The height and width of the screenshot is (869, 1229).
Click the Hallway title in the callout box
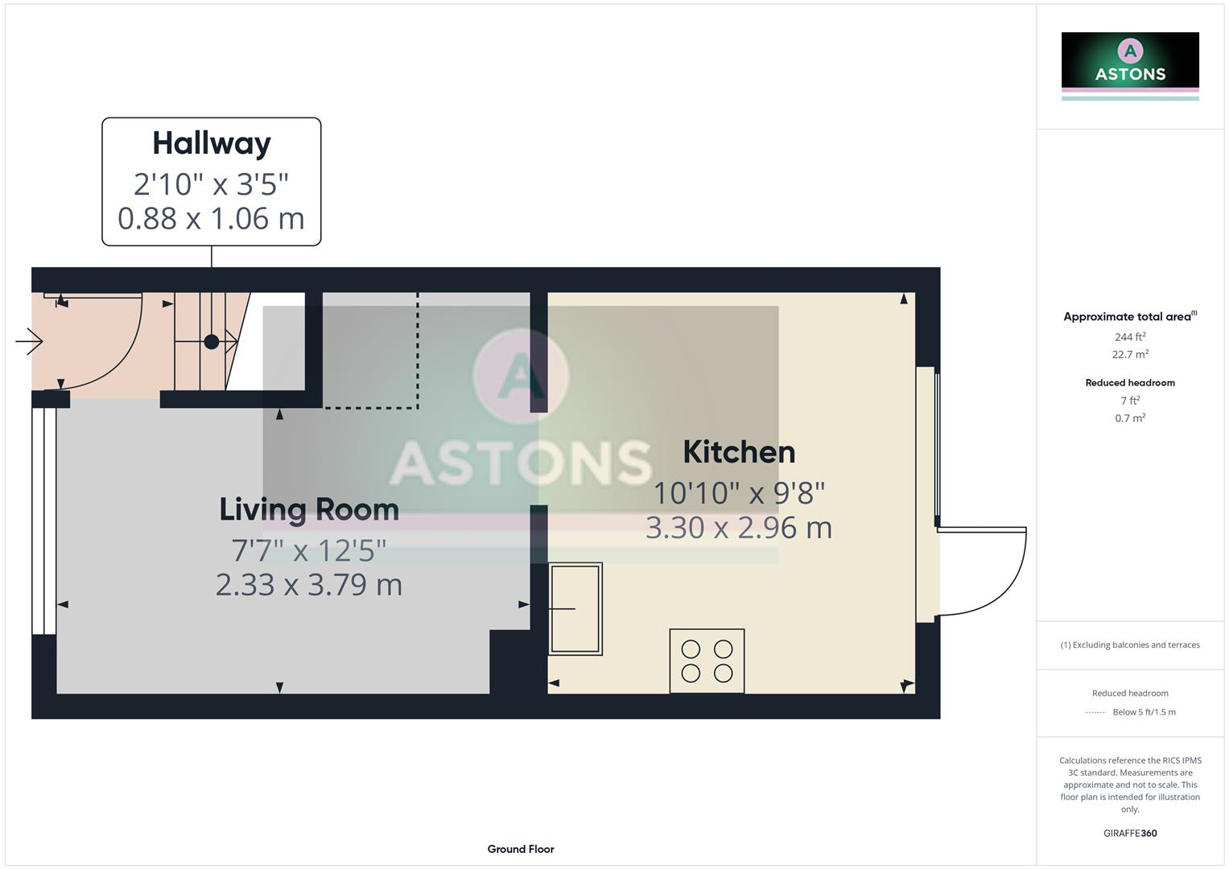coord(212,143)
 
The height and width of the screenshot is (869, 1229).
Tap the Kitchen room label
coord(739,452)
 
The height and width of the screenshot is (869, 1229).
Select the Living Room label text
coord(309,509)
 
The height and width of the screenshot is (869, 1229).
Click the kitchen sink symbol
coord(575,608)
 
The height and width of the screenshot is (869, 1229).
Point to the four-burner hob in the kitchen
coord(707,661)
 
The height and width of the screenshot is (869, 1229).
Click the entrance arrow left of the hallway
coord(29,341)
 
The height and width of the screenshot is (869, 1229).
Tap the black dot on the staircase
coord(212,342)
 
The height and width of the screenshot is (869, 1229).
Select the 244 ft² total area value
coord(1130,337)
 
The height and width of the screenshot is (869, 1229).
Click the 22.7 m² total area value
coord(1130,355)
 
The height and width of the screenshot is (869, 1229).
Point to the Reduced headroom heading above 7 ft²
coord(1130,383)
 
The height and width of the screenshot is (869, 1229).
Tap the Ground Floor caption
coord(521,849)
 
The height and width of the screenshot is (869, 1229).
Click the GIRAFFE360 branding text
coord(1130,834)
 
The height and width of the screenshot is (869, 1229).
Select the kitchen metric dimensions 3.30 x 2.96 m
coord(739,528)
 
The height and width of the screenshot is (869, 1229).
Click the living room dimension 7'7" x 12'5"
coord(309,550)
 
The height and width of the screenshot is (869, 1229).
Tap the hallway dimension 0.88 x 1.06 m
coord(212,218)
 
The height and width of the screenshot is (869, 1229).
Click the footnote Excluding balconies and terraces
coord(1130,645)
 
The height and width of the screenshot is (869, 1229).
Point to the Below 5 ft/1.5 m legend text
coord(1144,712)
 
